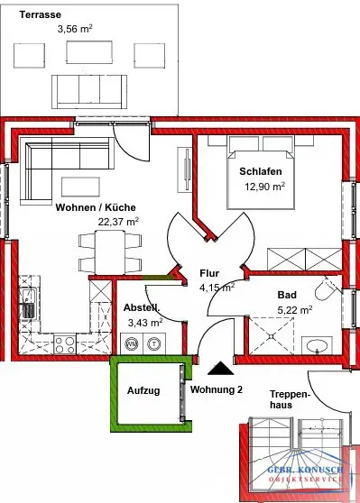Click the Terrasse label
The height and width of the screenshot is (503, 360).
pos(40,14)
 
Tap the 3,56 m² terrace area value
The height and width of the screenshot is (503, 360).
pos(75,29)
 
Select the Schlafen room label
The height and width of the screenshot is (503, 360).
pos(261,171)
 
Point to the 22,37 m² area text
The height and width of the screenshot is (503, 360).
pos(118,222)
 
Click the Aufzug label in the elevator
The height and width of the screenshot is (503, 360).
pos(143,390)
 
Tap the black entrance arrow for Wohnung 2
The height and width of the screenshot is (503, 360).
pos(221,368)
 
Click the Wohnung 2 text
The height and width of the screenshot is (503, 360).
pos(217,389)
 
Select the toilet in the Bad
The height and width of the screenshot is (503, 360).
pos(327,288)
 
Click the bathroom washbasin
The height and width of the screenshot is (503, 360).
pos(318,346)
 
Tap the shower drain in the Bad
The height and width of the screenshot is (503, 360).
pos(272,336)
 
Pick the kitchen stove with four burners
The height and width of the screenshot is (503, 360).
pos(65,343)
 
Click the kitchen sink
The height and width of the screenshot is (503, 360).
pos(29,304)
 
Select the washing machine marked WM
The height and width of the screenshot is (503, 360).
pos(132,343)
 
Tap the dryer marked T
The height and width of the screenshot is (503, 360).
pos(153,343)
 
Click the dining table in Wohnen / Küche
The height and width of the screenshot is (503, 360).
pos(110,252)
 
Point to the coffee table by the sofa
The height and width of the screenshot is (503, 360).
pos(80,187)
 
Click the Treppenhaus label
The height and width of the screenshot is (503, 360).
pos(290,399)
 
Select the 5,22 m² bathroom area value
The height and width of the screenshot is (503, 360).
pos(295,310)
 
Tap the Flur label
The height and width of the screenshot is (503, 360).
pos(209,273)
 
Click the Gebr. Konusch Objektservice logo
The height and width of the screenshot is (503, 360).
pos(305,474)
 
